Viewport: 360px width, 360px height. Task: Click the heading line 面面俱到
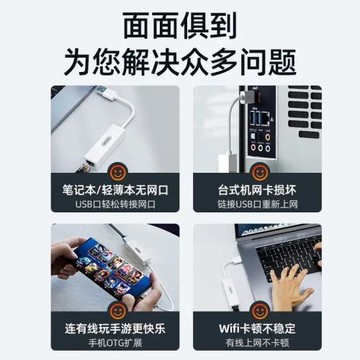click(180, 24)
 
